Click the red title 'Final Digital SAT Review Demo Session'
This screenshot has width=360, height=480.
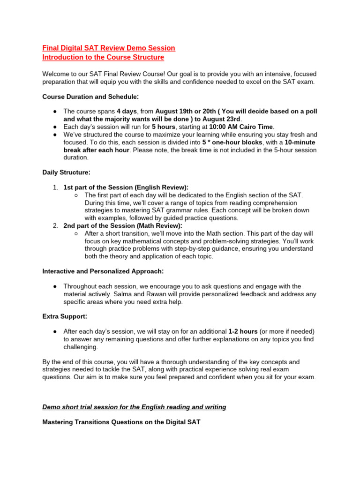point(109,48)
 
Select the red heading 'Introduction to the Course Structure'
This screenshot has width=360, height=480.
point(103,57)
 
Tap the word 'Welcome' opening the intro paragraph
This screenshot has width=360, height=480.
point(56,74)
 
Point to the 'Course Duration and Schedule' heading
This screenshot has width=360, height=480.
point(90,97)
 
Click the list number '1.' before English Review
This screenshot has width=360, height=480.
point(55,187)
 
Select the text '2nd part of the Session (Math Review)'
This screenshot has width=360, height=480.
point(123,225)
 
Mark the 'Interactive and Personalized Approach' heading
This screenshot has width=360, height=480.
point(103,271)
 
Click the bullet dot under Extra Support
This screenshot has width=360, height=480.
point(55,331)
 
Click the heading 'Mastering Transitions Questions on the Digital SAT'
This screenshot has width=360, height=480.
point(121,422)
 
